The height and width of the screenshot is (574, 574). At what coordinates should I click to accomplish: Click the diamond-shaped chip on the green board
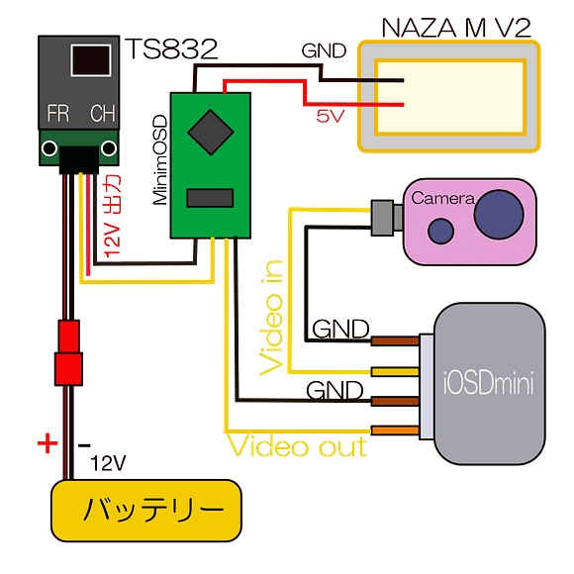[x=209, y=129]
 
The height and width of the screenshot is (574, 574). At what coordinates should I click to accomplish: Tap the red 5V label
[x=330, y=116]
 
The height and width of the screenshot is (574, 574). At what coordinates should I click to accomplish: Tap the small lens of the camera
[x=438, y=231]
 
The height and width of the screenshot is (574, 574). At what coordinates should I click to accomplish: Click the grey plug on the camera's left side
[x=383, y=219]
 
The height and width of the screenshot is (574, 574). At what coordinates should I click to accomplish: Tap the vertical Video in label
[x=273, y=317]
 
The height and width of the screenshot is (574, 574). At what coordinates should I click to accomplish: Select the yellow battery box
[x=145, y=511]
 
